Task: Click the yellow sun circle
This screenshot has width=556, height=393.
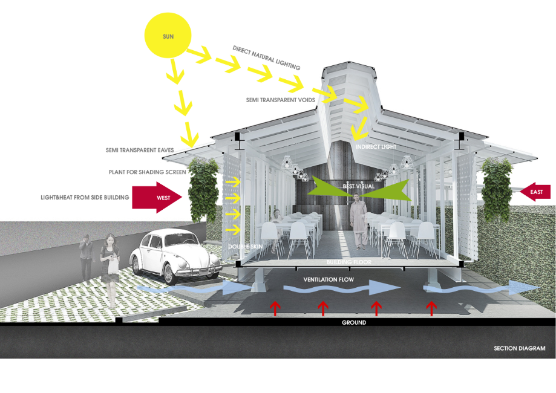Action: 168,37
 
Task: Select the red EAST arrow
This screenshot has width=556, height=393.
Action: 537,192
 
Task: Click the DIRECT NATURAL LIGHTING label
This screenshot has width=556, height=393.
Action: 266,57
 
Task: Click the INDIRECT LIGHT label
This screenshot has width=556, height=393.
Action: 373,146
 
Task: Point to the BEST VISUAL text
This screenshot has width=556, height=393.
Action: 359,186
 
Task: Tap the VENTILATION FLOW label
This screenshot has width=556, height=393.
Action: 328,280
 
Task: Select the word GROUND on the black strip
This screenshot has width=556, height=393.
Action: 353,323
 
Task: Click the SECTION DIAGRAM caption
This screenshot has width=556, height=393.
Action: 519,348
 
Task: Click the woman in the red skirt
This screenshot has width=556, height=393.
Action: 111,266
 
